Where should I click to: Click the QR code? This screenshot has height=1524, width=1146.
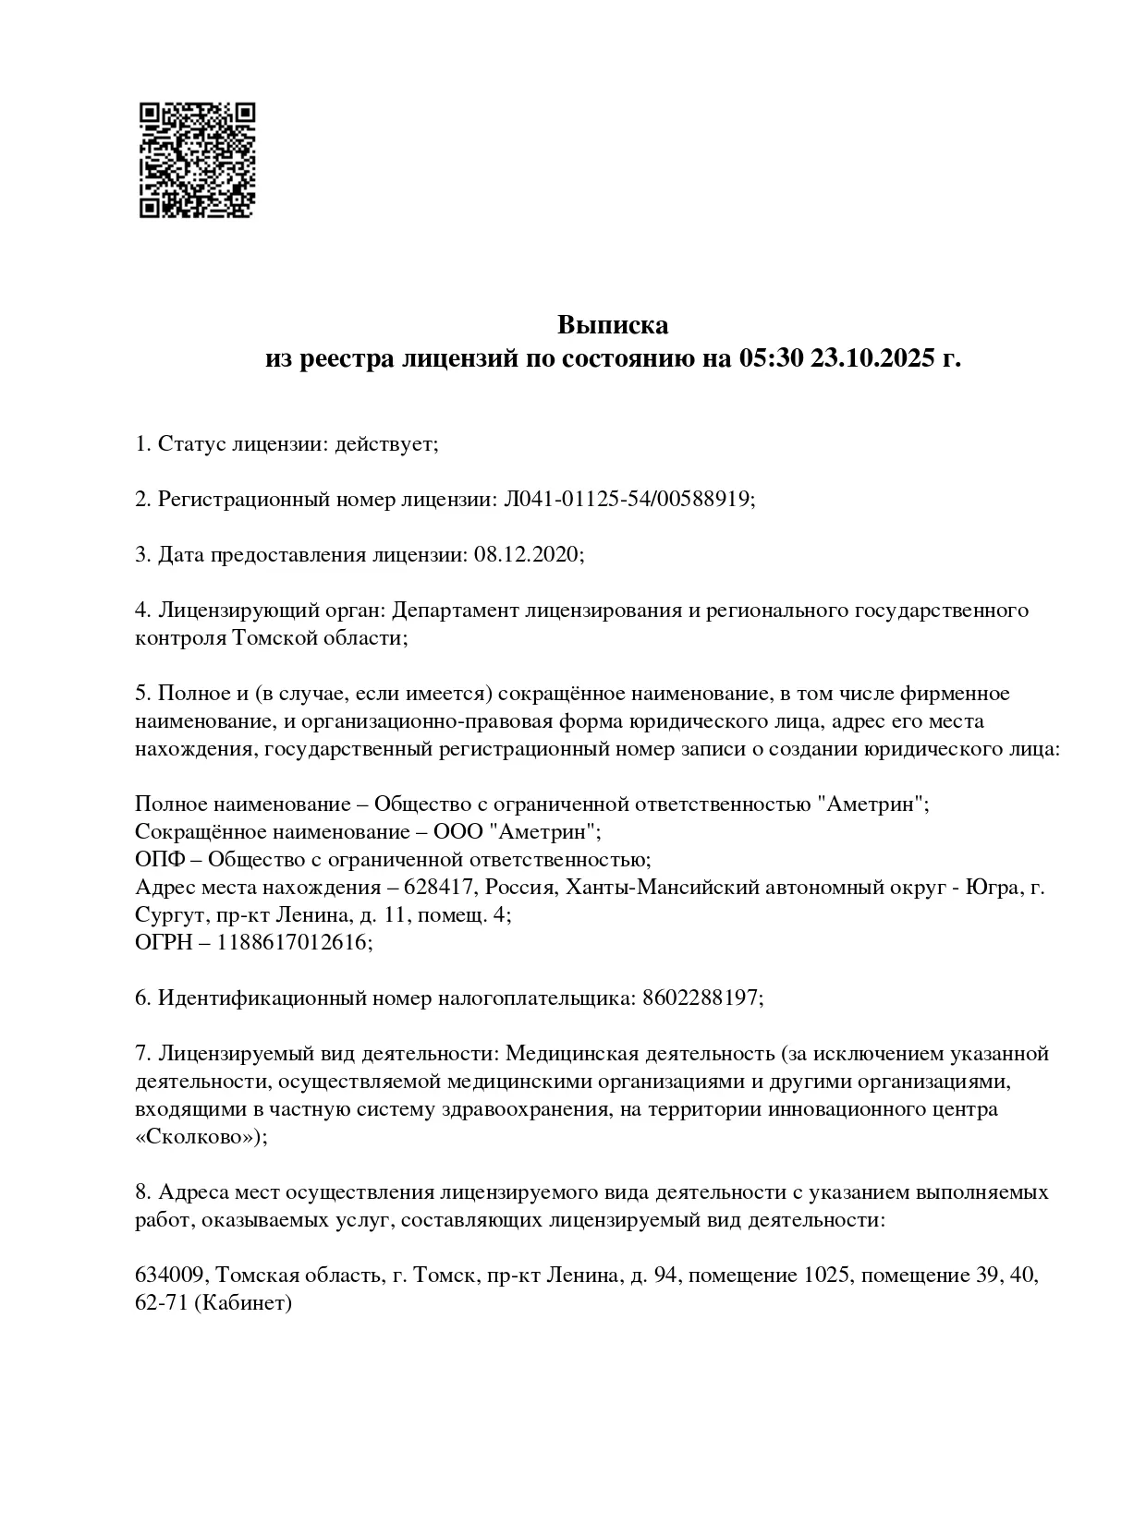196,159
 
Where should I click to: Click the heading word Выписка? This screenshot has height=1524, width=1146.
612,325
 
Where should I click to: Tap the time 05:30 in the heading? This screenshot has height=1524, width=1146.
771,358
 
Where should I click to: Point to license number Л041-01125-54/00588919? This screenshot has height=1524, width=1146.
628,500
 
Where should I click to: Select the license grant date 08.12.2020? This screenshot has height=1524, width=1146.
527,555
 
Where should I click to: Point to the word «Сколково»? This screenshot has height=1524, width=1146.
199,1137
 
